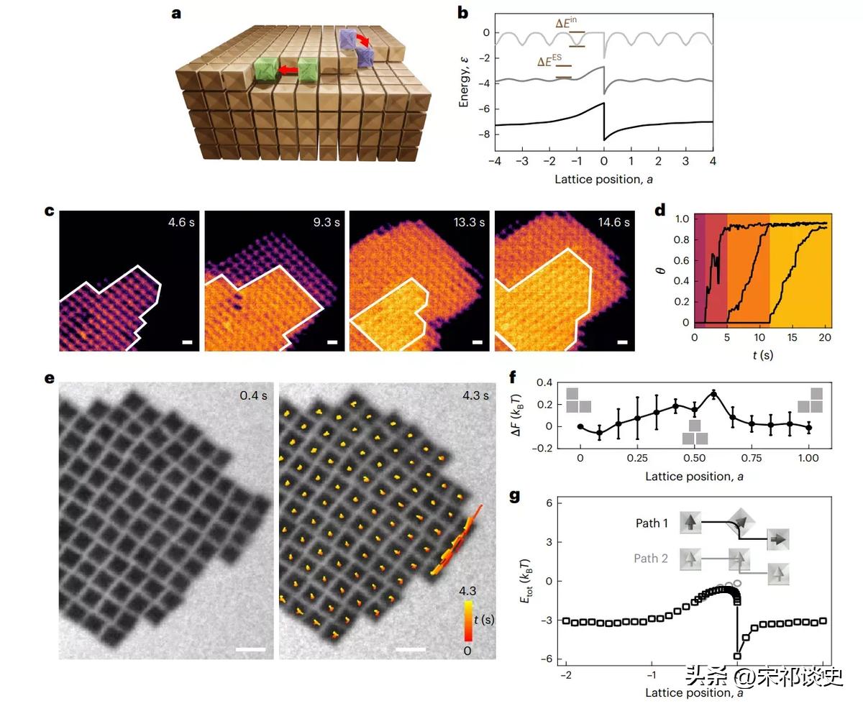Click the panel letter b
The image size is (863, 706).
click(463, 12)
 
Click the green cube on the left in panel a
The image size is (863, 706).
click(266, 70)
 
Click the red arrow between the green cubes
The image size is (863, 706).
click(289, 70)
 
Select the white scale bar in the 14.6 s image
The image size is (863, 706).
click(623, 342)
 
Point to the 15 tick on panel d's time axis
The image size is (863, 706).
click(793, 336)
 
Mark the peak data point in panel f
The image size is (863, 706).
click(713, 393)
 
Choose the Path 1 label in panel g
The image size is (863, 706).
click(652, 523)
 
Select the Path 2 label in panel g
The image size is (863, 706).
click(650, 558)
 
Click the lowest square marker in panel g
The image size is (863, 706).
click(737, 656)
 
